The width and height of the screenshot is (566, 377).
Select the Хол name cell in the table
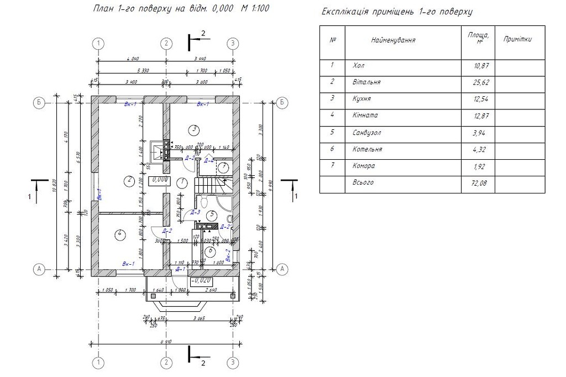pos(359,66)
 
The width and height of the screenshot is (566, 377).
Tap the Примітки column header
pos(518,39)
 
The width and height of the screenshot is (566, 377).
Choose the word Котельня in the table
pos(367,149)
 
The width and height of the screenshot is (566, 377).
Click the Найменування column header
pos(393,40)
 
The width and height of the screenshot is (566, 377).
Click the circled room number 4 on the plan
pos(119,234)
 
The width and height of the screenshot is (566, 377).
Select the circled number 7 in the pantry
pos(224,167)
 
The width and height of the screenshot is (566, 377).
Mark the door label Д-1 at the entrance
pos(180,269)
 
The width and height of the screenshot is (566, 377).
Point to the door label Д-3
pos(195,212)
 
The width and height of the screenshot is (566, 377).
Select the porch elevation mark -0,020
pos(198,281)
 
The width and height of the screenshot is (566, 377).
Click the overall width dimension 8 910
pos(165,341)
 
